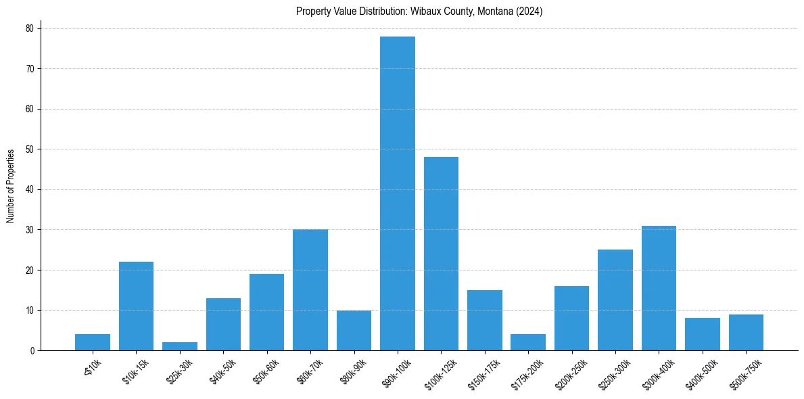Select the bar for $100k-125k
[441, 254]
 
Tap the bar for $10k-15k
[136, 306]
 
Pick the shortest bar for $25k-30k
[180, 346]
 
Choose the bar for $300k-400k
[659, 288]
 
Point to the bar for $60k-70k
[310, 290]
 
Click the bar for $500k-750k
[746, 333]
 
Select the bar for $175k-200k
[528, 342]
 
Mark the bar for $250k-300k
[615, 300]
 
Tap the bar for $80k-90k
[354, 331]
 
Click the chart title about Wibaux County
[419, 11]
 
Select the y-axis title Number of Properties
[11, 186]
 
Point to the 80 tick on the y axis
[29, 28]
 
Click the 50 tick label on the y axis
[29, 149]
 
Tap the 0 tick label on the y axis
[31, 351]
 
